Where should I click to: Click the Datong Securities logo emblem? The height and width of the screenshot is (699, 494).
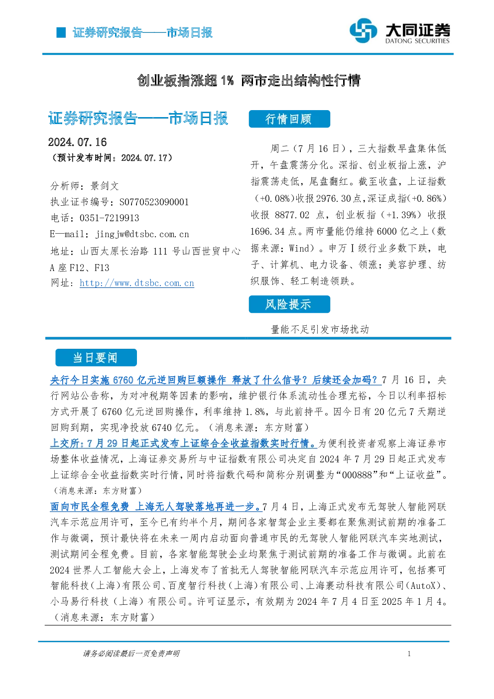(363, 30)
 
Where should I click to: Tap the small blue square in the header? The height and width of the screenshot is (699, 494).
(61, 32)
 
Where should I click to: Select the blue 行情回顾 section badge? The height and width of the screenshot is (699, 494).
(289, 119)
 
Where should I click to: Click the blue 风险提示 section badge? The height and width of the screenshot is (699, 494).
(289, 304)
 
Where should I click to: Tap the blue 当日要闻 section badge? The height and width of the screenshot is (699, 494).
(96, 358)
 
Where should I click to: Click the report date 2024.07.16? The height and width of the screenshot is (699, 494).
(77, 142)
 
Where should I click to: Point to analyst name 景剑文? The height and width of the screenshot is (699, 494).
(105, 186)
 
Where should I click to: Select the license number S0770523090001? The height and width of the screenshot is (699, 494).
(154, 202)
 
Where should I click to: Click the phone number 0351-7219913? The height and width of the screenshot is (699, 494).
(109, 218)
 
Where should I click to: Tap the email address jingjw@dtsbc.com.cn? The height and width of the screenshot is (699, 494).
(142, 234)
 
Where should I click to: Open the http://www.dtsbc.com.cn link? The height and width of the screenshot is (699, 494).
(137, 283)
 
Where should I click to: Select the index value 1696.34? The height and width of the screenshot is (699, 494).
(267, 232)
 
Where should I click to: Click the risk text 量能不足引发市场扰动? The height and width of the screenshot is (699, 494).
(320, 329)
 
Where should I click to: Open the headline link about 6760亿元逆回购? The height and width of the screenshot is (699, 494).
(216, 380)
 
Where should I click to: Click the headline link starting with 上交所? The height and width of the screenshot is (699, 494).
(183, 443)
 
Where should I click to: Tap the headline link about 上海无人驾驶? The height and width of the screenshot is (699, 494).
(156, 507)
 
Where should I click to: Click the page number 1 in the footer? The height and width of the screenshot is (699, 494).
(409, 654)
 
